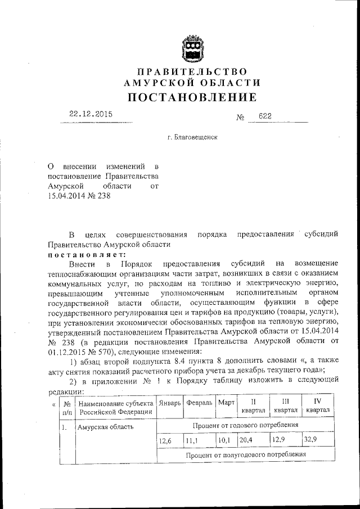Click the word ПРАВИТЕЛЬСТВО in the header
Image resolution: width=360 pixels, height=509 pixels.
click(192, 71)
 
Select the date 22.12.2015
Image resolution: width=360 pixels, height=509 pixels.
click(91, 114)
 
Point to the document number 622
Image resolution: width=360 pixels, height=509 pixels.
click(265, 116)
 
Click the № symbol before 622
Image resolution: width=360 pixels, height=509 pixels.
click(240, 117)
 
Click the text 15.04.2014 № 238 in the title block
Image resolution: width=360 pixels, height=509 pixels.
click(76, 196)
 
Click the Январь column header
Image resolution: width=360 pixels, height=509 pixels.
click(170, 403)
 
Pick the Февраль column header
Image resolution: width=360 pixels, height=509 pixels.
click(199, 403)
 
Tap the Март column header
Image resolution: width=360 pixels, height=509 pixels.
click(226, 403)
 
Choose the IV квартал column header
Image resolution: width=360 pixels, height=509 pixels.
click(318, 406)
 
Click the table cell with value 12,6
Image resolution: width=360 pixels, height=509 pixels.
click(165, 440)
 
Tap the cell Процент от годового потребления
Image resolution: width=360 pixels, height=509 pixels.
click(245, 425)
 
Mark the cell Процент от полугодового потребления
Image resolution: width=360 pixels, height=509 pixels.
click(245, 454)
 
